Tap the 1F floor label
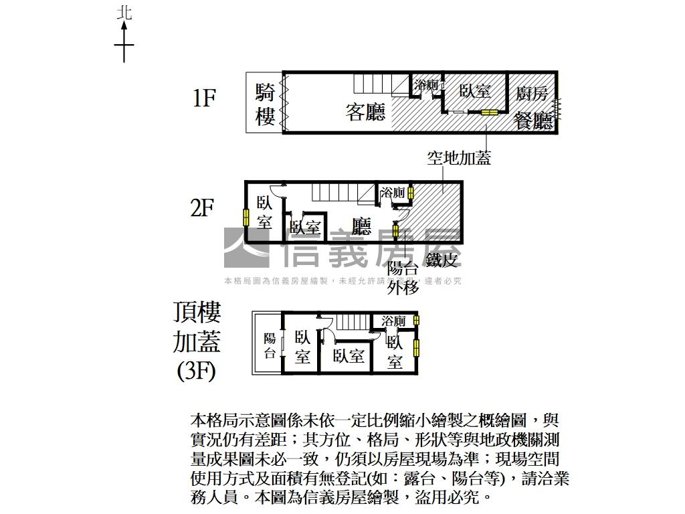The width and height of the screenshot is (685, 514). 204,98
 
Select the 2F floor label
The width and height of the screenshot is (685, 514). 202,209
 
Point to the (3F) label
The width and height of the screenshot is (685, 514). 197,370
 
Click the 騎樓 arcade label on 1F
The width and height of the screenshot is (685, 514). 265,104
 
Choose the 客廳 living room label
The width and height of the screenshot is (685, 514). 366,111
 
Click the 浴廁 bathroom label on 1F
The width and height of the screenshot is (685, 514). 426,85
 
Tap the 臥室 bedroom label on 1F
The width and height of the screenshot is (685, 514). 475,92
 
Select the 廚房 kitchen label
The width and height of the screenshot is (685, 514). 532,94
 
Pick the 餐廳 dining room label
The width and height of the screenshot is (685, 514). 533,120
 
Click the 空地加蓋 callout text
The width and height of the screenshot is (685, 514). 459,158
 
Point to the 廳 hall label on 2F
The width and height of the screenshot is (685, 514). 361,226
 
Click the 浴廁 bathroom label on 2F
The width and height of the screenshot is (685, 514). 393,193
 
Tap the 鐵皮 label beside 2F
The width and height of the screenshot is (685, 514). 443,260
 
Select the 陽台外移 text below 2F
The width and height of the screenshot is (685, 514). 403,278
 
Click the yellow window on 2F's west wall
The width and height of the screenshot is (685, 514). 246,218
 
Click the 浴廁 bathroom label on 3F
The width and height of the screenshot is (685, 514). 393,321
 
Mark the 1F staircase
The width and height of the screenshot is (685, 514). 375,84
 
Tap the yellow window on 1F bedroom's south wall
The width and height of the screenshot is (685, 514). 490,112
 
